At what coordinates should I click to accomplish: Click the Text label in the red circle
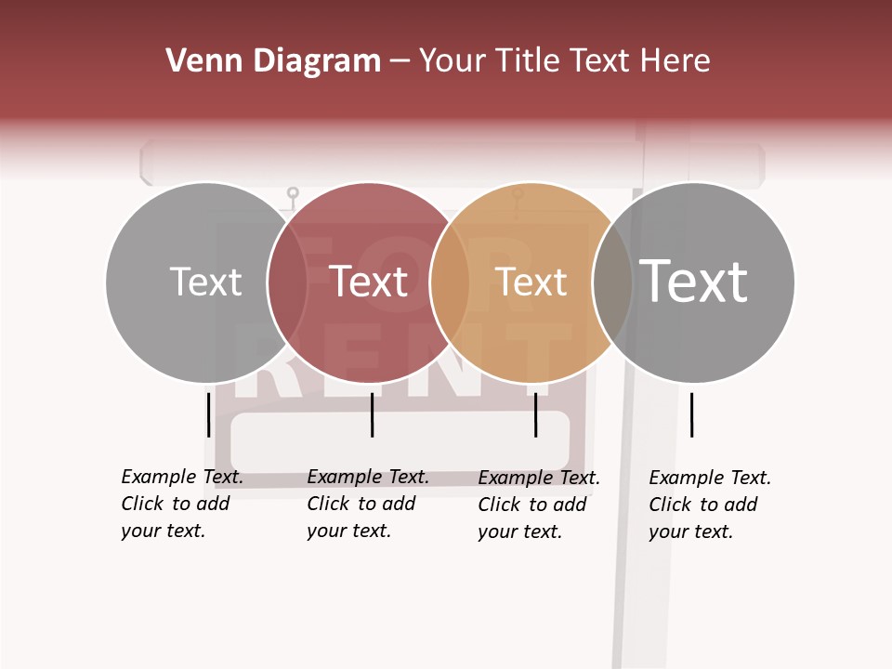(369, 282)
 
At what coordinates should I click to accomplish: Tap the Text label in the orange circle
(531, 282)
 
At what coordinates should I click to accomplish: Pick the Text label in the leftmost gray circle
(205, 282)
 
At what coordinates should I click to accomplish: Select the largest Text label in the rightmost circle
(693, 282)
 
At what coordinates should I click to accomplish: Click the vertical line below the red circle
(372, 414)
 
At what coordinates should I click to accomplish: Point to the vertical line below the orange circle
(536, 414)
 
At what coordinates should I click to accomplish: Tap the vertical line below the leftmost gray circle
(208, 414)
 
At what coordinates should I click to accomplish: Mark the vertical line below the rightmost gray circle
(691, 414)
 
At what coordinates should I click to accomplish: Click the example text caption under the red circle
(367, 504)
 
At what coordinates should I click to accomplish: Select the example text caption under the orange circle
(538, 505)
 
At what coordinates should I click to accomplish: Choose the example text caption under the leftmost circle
(181, 504)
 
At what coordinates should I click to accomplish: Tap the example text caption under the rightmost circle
(709, 505)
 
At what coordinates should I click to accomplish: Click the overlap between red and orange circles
(450, 282)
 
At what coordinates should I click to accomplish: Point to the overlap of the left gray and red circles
(287, 282)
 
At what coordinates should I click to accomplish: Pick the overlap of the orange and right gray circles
(612, 282)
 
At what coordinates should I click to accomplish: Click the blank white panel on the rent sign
(400, 441)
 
